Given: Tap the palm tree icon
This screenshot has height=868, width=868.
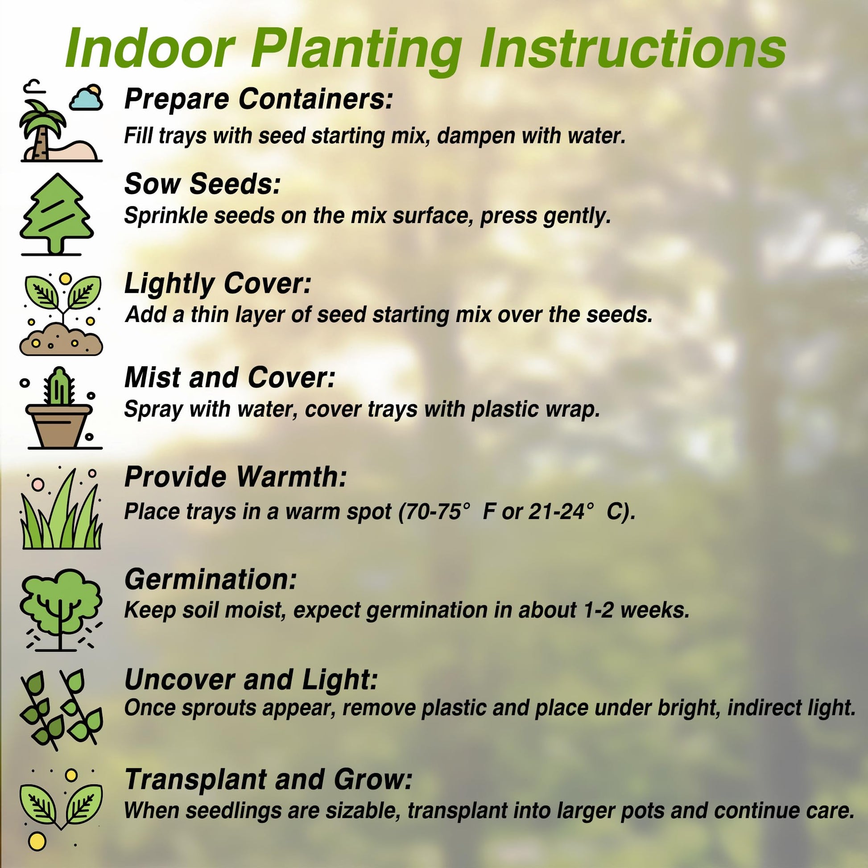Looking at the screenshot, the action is click(x=43, y=130).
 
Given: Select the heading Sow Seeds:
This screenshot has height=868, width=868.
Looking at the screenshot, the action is click(x=203, y=184).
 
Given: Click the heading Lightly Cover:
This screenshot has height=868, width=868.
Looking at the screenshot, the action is click(x=218, y=284).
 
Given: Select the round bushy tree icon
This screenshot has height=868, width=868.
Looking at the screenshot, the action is click(x=61, y=609).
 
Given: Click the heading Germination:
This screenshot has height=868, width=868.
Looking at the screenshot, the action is click(x=211, y=579).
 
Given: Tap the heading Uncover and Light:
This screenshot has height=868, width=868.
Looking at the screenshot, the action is click(x=251, y=679).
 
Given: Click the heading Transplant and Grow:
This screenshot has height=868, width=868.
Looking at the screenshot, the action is click(x=269, y=779).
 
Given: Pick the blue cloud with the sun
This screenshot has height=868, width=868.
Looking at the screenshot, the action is click(x=86, y=97).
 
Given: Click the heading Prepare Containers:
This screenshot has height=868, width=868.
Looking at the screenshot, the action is click(x=258, y=99).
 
